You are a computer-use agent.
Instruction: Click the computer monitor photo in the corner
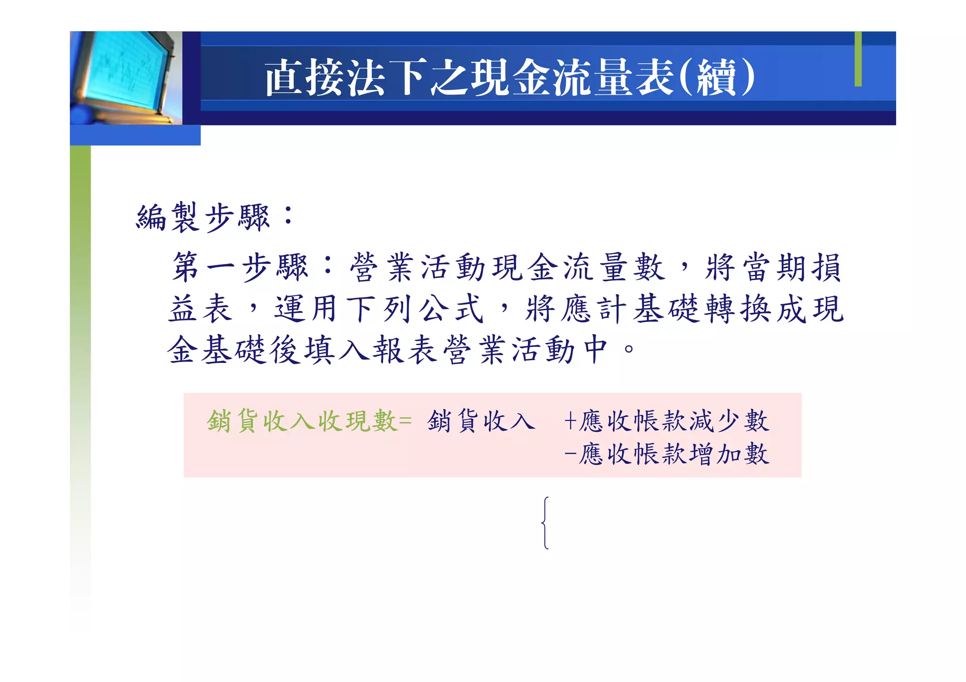click(125, 78)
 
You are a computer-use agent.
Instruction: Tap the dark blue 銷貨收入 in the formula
click(481, 421)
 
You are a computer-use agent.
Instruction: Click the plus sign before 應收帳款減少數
click(570, 421)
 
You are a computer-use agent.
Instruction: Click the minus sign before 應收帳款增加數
click(570, 454)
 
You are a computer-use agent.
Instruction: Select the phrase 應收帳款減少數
click(675, 421)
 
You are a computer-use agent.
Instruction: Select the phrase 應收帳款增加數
click(675, 454)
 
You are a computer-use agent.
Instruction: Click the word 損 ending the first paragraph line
click(827, 267)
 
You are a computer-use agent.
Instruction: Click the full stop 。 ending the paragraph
click(629, 350)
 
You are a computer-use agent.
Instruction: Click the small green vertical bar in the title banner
click(858, 59)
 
